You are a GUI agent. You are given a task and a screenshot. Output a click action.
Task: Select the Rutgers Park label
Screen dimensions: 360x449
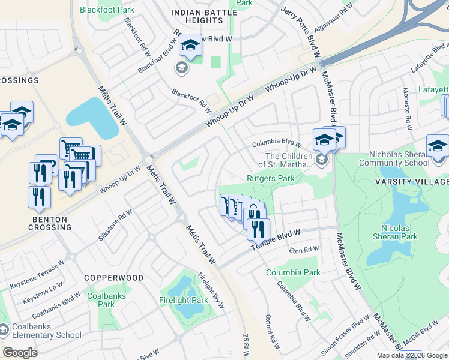point(271,178)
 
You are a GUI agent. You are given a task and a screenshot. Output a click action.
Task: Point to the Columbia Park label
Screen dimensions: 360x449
point(293,272)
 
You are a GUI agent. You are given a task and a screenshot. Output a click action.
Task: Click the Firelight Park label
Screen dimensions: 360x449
point(183,300)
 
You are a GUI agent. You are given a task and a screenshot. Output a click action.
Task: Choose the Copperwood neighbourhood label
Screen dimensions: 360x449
point(113,278)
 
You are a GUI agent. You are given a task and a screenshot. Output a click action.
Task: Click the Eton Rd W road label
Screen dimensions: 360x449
point(304,250)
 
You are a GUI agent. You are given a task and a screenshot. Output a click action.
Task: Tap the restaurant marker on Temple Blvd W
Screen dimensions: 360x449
point(258,229)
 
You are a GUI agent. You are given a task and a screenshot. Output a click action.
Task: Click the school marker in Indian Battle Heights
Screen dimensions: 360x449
point(191,46)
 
